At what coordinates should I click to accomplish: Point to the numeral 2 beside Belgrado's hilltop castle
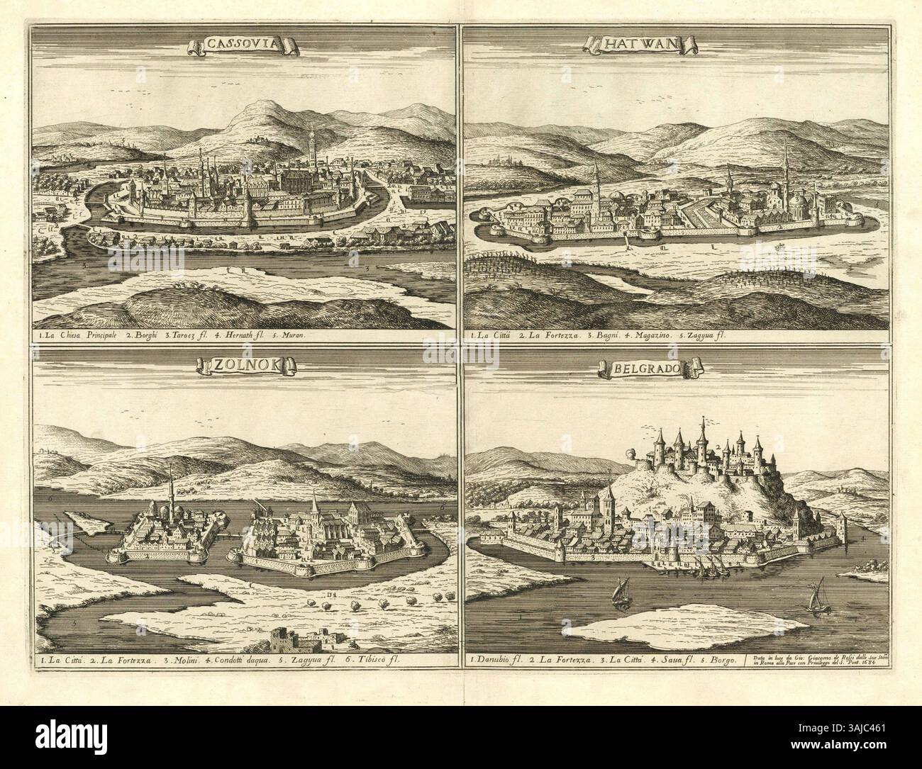pyautogui.click(x=718, y=447)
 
